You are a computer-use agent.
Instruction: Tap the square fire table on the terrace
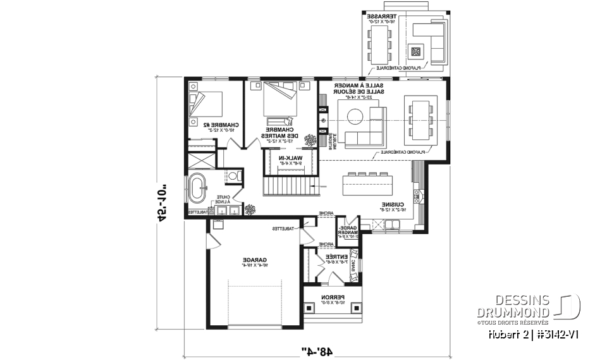pos(415,51)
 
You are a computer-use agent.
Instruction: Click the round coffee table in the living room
pos(354,115)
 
